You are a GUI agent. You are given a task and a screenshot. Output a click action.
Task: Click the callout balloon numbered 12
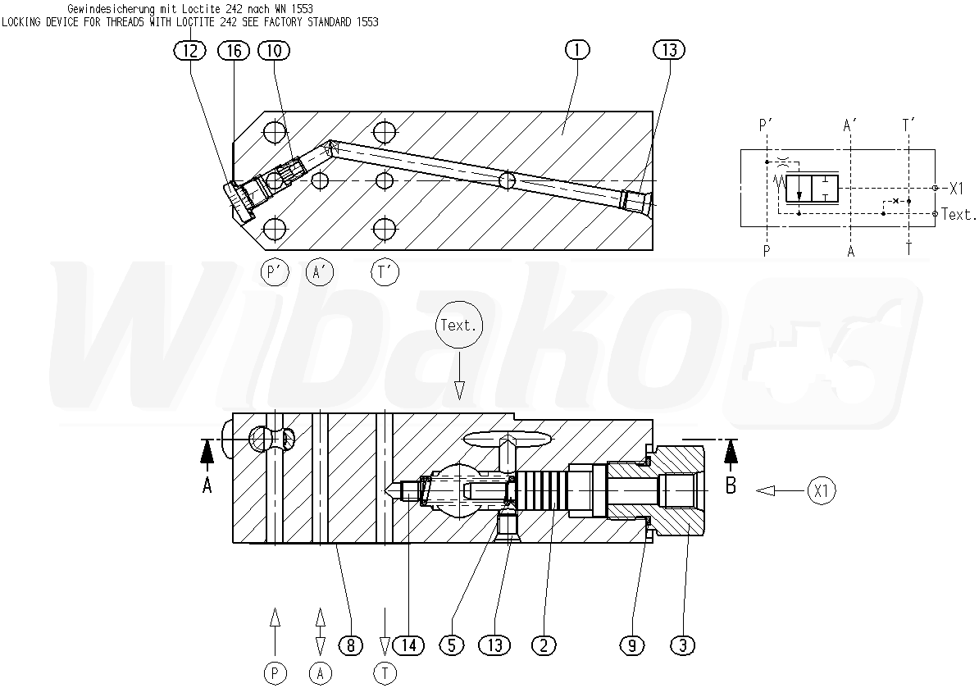point(190,51)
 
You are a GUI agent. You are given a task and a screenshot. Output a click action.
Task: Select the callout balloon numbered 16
point(234,51)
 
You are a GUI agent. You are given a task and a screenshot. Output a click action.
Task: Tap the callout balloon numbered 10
point(274,51)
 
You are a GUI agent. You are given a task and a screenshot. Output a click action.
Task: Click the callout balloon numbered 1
point(577,51)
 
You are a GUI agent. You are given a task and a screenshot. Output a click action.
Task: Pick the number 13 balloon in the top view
point(669,51)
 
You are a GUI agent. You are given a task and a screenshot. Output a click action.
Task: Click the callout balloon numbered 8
point(350,645)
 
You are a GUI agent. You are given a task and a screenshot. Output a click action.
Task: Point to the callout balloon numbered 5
point(451,645)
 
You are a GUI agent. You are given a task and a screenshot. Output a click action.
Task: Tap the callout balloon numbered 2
point(543,645)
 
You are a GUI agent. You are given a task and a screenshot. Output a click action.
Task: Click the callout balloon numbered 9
point(631,645)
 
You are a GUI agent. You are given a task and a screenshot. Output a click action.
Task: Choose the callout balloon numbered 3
point(681,645)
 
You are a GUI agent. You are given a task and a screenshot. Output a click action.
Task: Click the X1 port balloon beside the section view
point(821,490)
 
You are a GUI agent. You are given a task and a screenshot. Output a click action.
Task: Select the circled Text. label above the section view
point(458,326)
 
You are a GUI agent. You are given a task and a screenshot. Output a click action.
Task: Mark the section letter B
point(731,485)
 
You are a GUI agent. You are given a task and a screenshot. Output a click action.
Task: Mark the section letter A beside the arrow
point(207,485)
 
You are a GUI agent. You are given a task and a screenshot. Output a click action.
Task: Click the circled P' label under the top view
point(274,271)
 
